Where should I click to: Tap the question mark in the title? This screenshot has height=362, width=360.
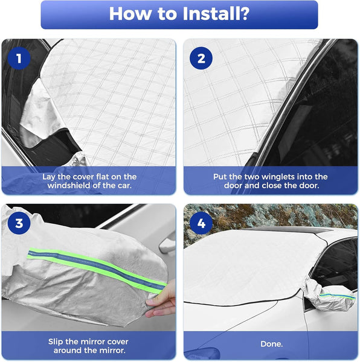click(x=245, y=14)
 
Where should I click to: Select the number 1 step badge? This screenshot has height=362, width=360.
click(x=19, y=59)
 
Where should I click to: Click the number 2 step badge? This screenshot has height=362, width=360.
click(x=201, y=59)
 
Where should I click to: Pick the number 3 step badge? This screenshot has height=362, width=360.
click(x=19, y=223)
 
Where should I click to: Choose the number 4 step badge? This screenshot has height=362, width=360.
click(x=201, y=223)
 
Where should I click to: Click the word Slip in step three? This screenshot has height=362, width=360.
click(x=58, y=341)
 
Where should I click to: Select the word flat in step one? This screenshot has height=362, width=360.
click(x=101, y=177)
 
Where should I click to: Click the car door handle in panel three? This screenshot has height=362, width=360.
click(x=167, y=244)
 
